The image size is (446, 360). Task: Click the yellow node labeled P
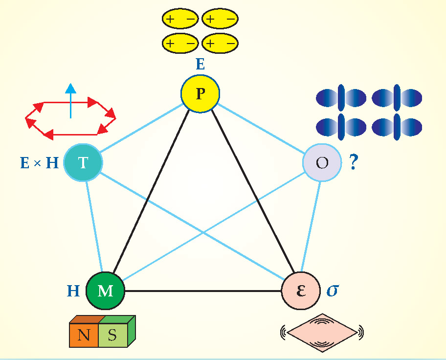click(x=200, y=93)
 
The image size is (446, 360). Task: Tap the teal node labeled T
click(x=83, y=162)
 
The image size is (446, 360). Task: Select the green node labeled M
click(x=105, y=291)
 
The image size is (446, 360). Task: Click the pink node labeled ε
click(x=301, y=291)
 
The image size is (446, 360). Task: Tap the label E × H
click(x=39, y=162)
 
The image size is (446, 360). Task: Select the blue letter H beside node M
click(x=73, y=291)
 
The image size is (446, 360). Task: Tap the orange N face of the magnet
click(x=84, y=336)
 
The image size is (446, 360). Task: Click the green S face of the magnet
click(x=112, y=336)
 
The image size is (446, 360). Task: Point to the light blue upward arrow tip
click(x=71, y=89)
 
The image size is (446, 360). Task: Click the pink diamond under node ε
click(x=322, y=332)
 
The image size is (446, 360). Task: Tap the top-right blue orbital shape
click(x=397, y=98)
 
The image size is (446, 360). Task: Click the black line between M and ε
click(x=203, y=292)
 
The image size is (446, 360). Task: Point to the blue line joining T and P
click(x=141, y=127)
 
